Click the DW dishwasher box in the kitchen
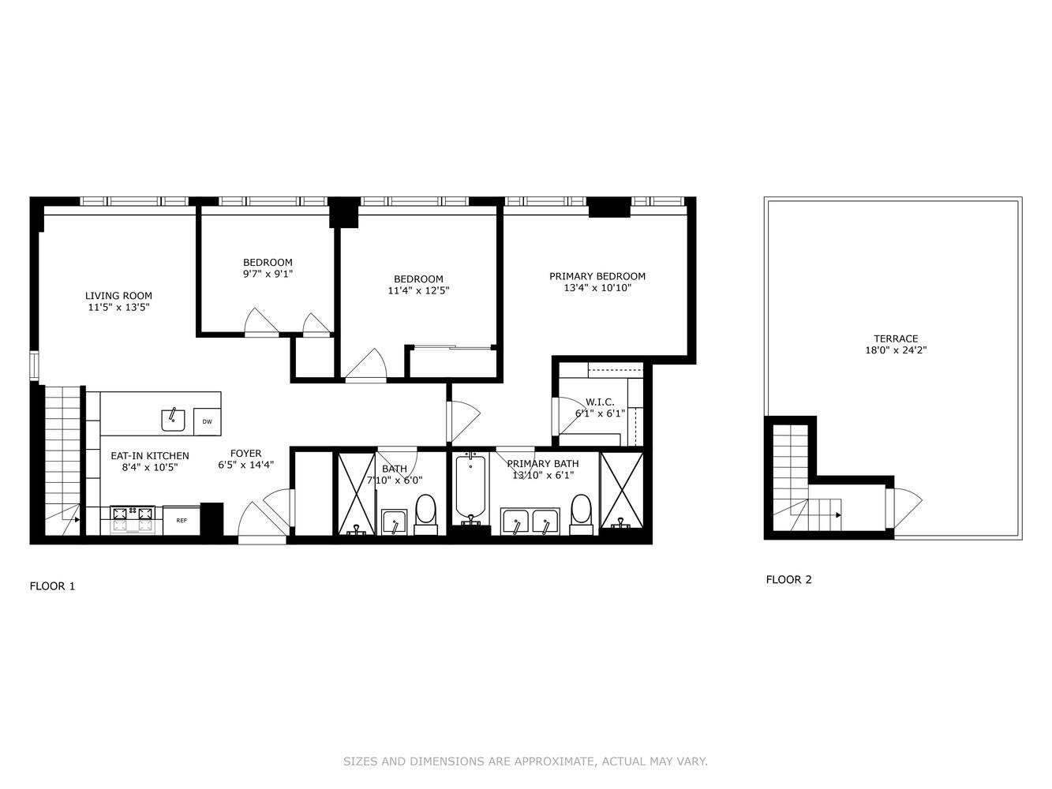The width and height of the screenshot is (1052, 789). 207,421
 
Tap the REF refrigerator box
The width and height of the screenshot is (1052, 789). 182,521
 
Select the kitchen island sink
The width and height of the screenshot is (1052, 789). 173,420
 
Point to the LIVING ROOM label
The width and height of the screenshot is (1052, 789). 118,296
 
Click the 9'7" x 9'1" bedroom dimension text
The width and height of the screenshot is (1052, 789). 268,275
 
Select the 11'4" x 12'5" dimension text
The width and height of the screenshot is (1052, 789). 418,290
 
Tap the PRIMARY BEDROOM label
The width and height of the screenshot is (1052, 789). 597,276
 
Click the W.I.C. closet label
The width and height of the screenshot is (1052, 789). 600,402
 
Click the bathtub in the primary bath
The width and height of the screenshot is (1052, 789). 471,489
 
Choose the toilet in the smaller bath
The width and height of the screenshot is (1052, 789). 425,511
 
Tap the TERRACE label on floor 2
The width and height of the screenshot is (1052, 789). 896,338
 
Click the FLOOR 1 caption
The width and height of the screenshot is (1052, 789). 52,586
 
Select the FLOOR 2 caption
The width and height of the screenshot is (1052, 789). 788,580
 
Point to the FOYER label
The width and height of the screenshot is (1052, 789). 245,454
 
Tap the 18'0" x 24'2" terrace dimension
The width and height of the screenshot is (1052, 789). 896,350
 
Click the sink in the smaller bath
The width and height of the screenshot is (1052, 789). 393,522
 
